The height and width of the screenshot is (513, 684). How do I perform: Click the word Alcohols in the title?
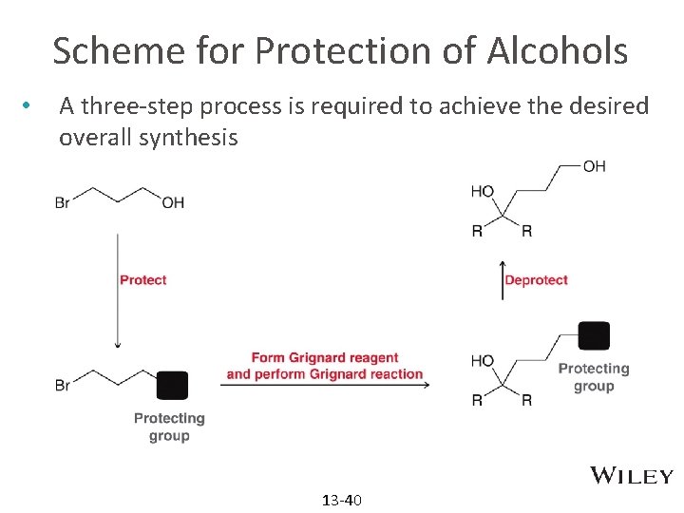[558, 50]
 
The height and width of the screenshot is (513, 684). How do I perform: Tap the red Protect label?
[142, 280]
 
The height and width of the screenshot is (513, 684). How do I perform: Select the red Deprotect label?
[536, 280]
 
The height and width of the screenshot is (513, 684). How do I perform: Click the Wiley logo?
[632, 476]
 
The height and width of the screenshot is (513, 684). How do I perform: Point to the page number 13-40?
[342, 500]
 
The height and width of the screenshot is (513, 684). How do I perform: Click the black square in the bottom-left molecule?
[172, 385]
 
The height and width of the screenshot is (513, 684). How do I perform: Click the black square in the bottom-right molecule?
[594, 335]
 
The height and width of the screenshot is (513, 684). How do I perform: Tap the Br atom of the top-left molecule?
[63, 202]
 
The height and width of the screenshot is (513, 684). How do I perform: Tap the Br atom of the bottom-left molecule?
[63, 385]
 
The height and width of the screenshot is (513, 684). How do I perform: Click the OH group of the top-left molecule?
[173, 202]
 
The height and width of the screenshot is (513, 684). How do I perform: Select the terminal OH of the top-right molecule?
[594, 166]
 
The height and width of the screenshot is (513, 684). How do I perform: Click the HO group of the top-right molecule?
[483, 192]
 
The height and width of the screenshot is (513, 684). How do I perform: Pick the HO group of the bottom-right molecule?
[483, 361]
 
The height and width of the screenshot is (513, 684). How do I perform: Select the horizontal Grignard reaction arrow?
[326, 385]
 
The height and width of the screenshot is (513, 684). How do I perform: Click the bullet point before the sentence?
[31, 104]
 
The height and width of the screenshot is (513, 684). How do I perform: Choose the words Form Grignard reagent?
[325, 358]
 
